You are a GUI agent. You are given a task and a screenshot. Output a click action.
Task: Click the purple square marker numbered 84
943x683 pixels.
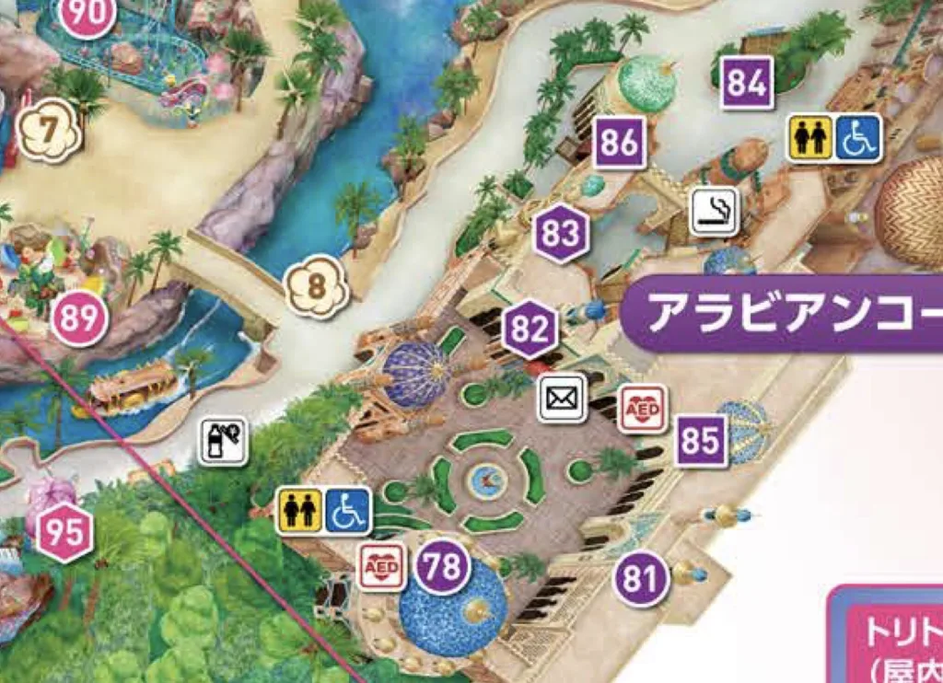747,83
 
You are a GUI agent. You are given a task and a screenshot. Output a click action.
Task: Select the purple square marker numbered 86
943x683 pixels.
619,143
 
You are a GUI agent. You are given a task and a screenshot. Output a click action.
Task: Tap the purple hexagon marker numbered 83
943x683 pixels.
560,233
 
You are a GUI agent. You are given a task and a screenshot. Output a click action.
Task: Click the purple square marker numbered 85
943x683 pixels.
701,441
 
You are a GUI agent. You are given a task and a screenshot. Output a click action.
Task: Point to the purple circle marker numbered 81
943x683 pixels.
641,579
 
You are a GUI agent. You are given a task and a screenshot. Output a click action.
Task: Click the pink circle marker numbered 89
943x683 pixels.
79,318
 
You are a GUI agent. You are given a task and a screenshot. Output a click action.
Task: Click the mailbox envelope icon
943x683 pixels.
562,399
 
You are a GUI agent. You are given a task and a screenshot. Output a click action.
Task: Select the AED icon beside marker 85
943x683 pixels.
643,408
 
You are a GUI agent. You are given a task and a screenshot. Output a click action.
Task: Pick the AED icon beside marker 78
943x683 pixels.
381,566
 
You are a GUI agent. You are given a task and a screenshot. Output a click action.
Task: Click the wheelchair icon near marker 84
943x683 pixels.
858,137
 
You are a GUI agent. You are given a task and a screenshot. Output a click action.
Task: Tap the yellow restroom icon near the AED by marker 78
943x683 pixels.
300,511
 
